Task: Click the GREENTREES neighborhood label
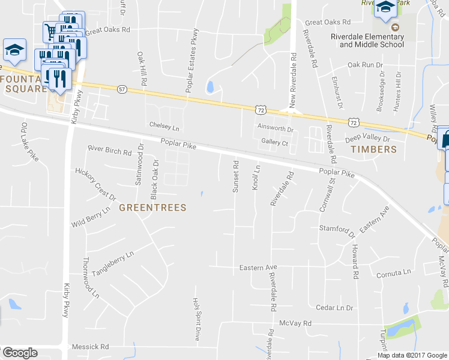[x=152, y=208]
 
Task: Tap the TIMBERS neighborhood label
[x=373, y=149]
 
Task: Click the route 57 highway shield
[x=122, y=89]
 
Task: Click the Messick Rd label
[x=90, y=346]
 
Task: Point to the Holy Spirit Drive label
[x=195, y=319]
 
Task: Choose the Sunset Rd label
[x=236, y=176]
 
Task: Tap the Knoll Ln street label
[x=256, y=178]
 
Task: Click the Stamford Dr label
[x=333, y=229]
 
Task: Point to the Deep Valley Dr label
[x=368, y=139]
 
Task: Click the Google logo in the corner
[x=20, y=353]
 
